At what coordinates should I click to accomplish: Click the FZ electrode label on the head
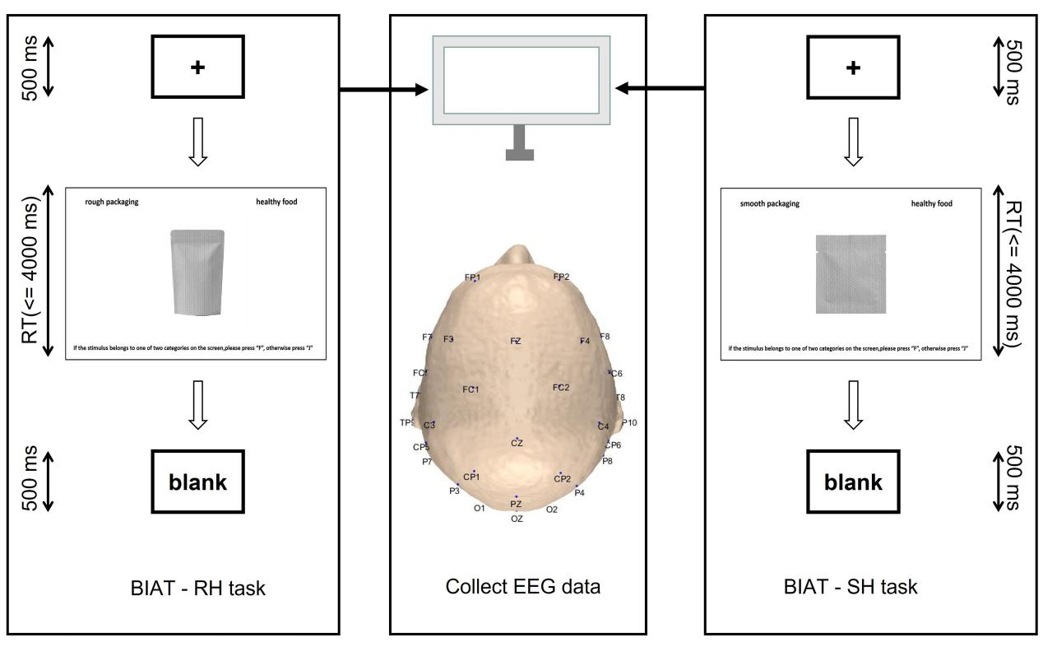click(516, 340)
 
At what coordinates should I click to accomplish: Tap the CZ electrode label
click(517, 443)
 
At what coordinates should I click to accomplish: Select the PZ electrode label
click(516, 503)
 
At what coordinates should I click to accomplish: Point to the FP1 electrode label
click(472, 277)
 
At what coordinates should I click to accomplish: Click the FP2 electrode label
click(562, 276)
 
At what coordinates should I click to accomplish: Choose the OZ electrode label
click(517, 519)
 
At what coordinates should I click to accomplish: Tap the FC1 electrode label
click(471, 389)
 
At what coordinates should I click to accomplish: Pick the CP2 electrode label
click(562, 478)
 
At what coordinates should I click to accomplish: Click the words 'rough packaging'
click(112, 203)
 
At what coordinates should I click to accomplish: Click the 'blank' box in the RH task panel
click(197, 482)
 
